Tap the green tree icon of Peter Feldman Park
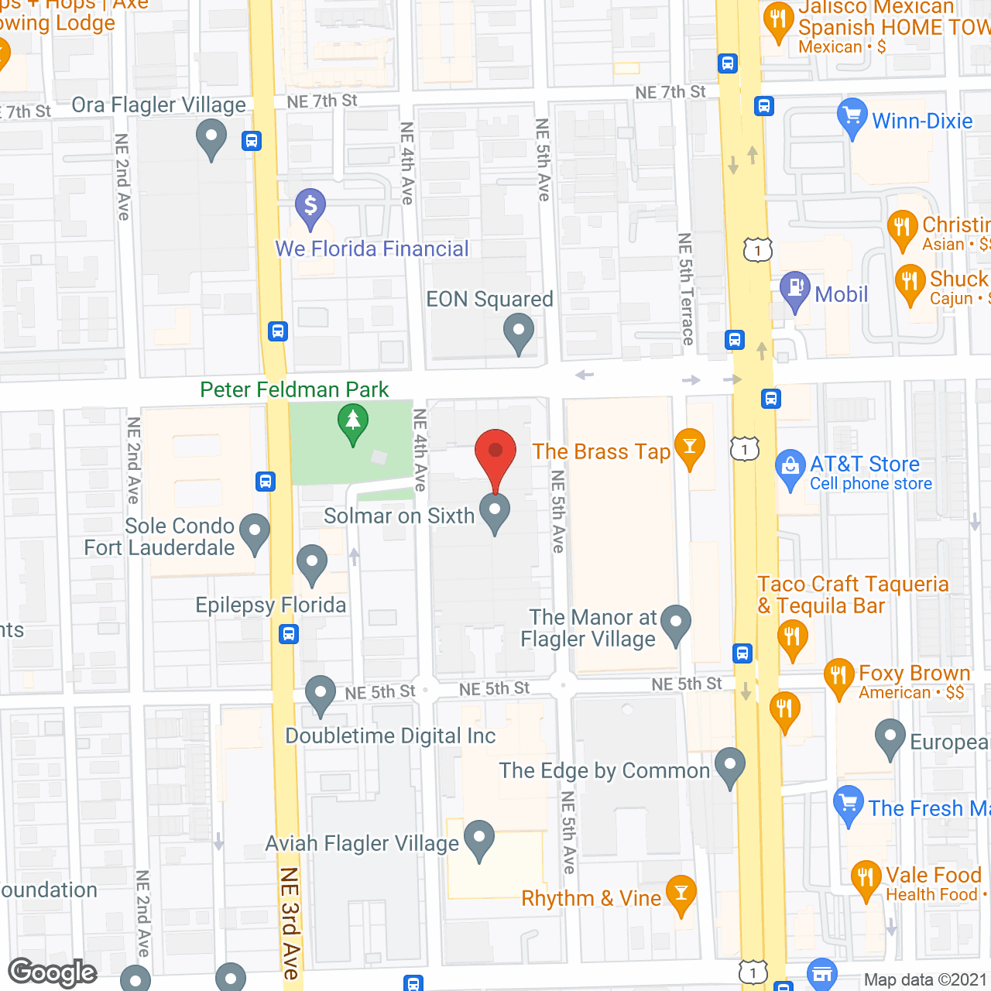point(353,423)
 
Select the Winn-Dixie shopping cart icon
point(852,118)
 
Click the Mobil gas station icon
point(794,290)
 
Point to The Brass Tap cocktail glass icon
point(689,448)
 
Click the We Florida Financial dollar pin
point(310,207)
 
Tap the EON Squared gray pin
point(518,334)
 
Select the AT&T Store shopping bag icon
point(790,468)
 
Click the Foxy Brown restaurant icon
point(839,677)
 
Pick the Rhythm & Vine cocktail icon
point(681,895)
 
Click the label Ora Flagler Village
point(159,105)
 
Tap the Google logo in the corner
point(52,972)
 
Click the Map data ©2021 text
point(925,980)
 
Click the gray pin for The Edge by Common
point(729,766)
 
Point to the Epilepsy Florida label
point(270,605)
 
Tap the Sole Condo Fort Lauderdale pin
point(255,533)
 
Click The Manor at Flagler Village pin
point(676,624)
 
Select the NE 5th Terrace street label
point(686,289)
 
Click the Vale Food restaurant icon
point(866,880)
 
